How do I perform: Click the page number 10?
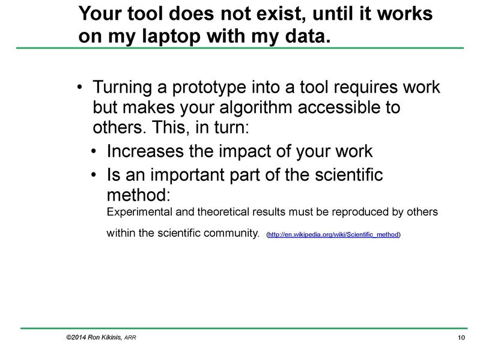coord(461,338)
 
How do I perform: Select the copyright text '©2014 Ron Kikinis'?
coord(93,338)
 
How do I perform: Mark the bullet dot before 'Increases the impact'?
coord(95,151)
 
